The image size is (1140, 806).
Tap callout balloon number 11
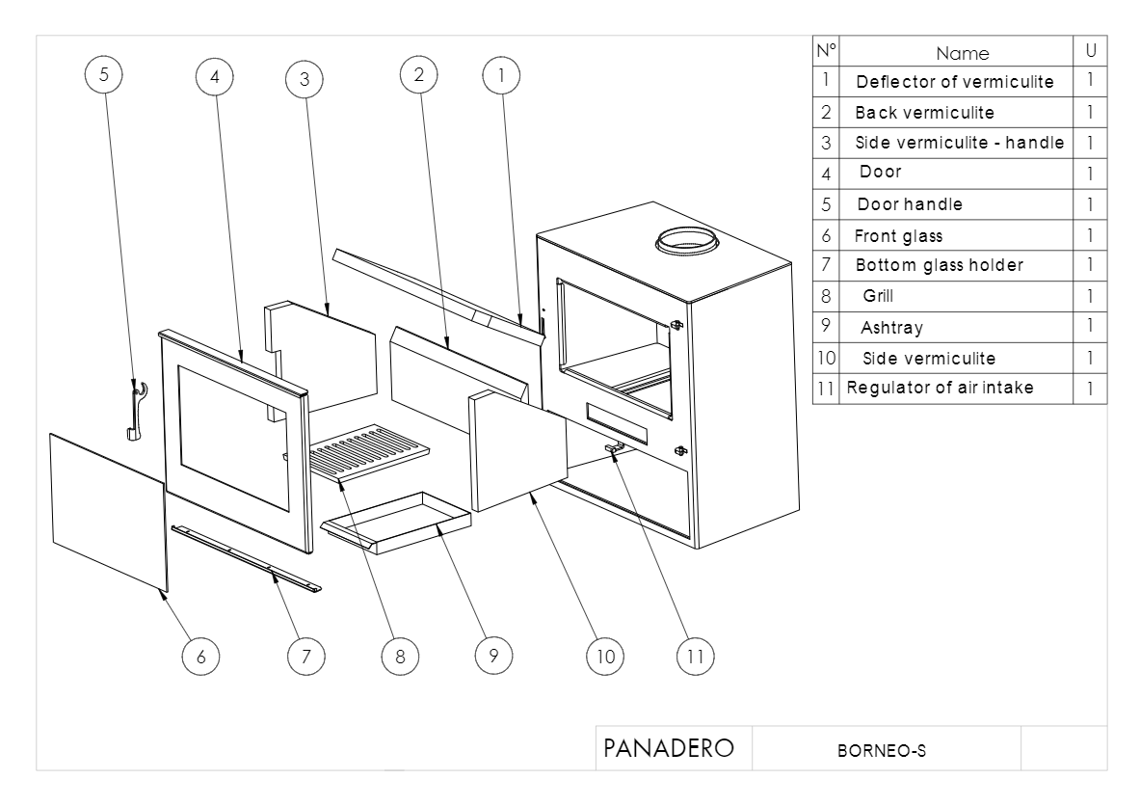[x=694, y=656]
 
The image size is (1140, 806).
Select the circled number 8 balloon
[x=398, y=656]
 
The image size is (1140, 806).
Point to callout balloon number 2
[x=418, y=75]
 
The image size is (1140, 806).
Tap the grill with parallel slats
[x=371, y=451]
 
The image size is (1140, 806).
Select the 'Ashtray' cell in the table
[x=891, y=327]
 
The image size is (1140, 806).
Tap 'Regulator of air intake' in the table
[x=940, y=389]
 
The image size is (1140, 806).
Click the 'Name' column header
[x=962, y=53]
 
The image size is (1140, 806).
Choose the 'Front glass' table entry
[x=898, y=235]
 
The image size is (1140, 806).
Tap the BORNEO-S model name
[x=884, y=750]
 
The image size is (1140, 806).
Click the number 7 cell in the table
[x=826, y=265]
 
